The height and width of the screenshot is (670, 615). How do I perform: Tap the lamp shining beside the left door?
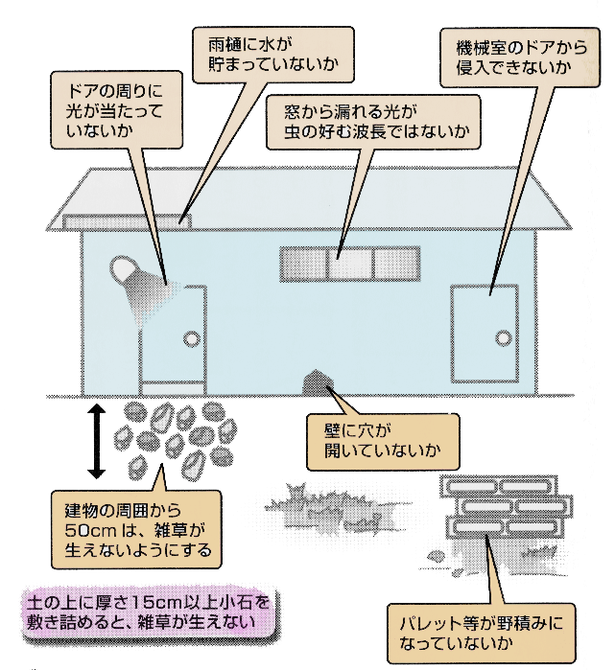tap(130, 272)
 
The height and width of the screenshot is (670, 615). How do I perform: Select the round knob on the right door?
tap(503, 336)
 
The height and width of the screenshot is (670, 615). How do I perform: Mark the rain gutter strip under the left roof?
tap(126, 221)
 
